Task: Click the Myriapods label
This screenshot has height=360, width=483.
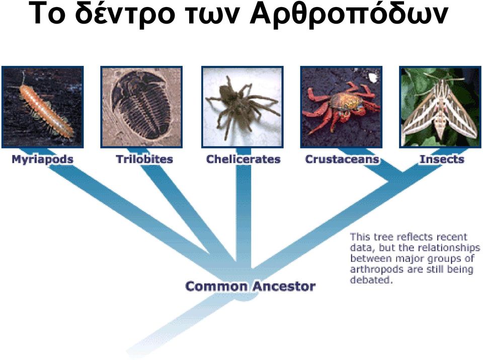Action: tap(42, 160)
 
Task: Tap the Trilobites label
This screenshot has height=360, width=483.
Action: tap(144, 159)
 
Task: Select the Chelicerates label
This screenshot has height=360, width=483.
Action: tap(244, 159)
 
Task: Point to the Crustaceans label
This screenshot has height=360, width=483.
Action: tap(342, 159)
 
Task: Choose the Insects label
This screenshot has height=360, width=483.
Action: tap(442, 159)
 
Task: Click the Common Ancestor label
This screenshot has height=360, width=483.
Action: tap(251, 286)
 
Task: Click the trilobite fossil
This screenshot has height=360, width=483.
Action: tap(141, 105)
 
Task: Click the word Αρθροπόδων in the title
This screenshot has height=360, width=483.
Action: tap(348, 14)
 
